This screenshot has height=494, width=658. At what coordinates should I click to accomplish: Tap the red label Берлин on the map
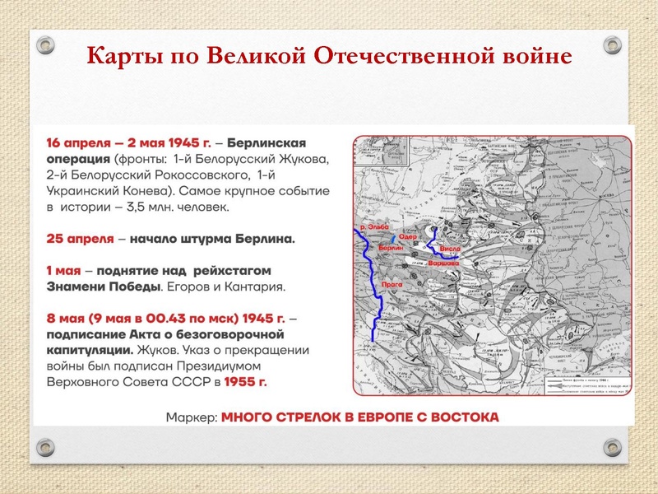[390, 248]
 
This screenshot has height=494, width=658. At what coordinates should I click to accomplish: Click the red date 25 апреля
[80, 239]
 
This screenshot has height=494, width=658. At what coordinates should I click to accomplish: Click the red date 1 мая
[63, 270]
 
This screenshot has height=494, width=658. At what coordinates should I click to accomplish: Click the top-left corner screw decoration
[46, 43]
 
